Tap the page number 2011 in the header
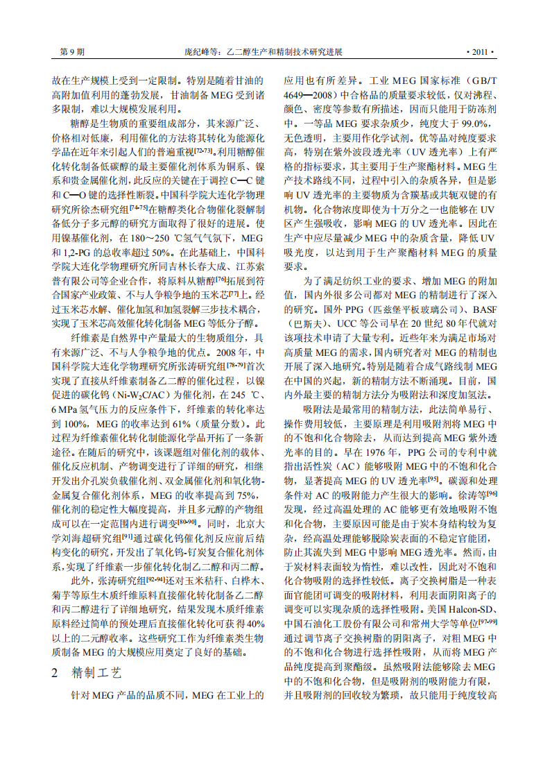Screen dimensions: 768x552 [x=479, y=52]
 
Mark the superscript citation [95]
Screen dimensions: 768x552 [x=433, y=484]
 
